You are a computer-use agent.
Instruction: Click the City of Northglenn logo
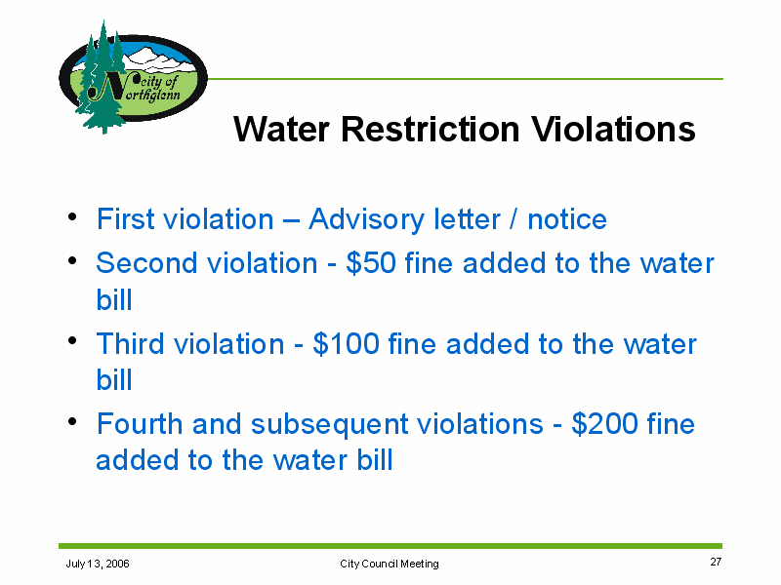[133, 78]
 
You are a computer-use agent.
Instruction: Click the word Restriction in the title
[430, 130]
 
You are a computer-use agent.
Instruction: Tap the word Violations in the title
[613, 130]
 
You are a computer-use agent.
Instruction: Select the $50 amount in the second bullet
[371, 262]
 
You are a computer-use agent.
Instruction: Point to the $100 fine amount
[346, 344]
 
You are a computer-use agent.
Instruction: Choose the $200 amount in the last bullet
[604, 424]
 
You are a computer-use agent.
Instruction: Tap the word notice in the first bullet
[567, 219]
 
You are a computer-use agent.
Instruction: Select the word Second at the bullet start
[146, 262]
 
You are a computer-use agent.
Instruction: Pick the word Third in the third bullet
[130, 344]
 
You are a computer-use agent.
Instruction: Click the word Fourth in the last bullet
[140, 424]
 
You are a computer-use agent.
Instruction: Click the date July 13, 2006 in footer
[98, 564]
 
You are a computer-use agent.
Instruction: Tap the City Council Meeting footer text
[389, 564]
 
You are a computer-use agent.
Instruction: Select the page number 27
[716, 562]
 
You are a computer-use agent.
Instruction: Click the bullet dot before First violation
[72, 216]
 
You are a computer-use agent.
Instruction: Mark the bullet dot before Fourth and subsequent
[72, 421]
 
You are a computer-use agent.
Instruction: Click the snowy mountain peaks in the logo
[158, 59]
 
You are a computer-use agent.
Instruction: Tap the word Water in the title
[281, 130]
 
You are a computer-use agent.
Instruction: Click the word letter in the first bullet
[467, 219]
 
